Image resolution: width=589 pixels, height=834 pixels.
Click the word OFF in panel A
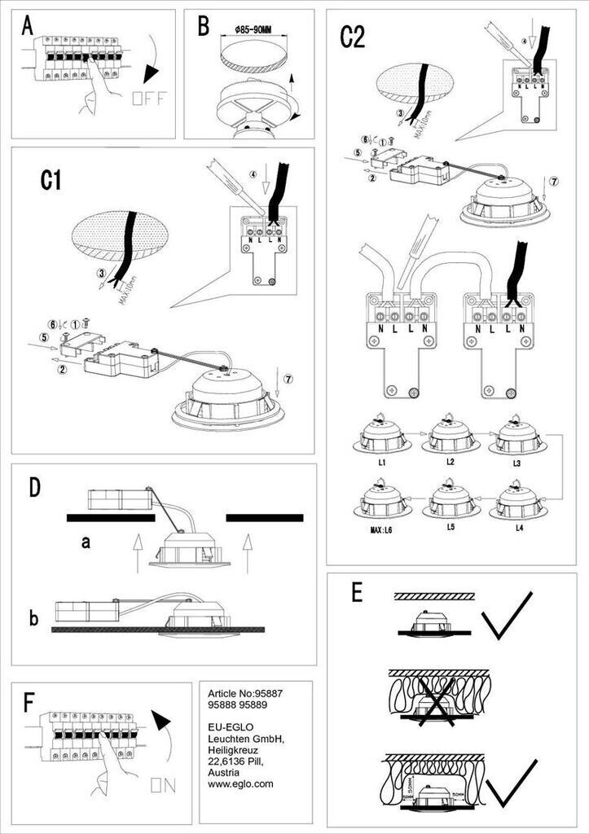coord(149,100)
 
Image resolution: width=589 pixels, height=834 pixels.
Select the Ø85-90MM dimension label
coord(252,30)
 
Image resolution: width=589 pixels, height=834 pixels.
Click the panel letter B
coord(204,27)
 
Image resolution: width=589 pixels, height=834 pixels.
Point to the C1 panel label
coord(51,181)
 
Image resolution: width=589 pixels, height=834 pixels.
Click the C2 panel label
coord(352,37)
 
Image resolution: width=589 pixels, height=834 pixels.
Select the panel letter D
coord(34,487)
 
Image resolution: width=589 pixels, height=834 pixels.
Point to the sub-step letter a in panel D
coord(85,542)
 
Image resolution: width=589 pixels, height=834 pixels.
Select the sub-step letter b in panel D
coord(33,618)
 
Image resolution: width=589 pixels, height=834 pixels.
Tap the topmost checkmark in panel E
coord(507,616)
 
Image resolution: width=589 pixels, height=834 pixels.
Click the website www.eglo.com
coord(241,784)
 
